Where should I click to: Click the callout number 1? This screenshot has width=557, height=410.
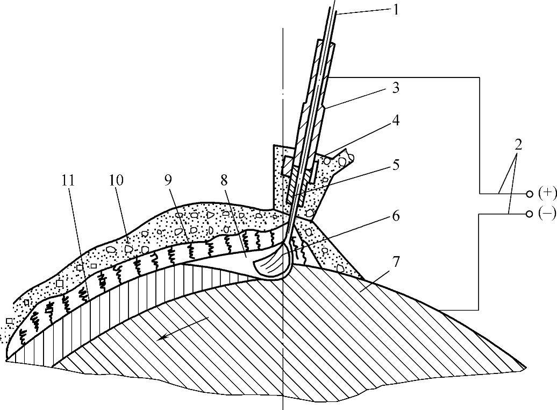tap(396, 10)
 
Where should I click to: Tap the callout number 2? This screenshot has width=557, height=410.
tap(518, 144)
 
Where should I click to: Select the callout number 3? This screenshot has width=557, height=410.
tap(396, 88)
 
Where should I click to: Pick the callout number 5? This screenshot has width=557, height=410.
tap(396, 165)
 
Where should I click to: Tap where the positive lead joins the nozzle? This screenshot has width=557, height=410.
tap(330, 77)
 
